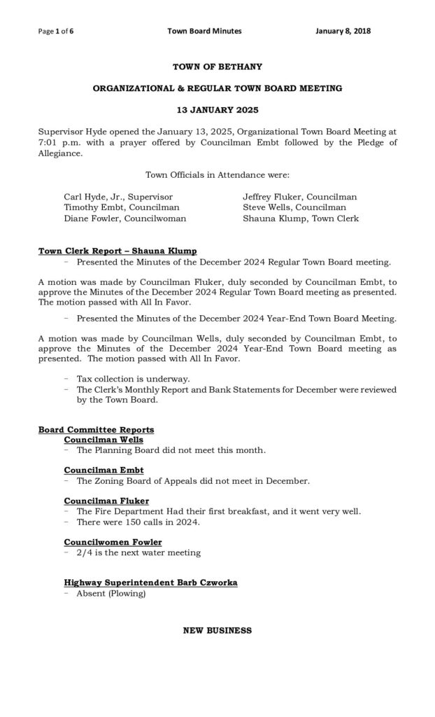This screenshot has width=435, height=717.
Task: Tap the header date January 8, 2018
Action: pyautogui.click(x=343, y=31)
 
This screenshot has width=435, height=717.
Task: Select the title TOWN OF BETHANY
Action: pyautogui.click(x=217, y=67)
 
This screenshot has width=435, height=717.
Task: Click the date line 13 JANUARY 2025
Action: pyautogui.click(x=217, y=111)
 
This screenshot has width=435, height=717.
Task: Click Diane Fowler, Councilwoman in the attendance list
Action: pyautogui.click(x=125, y=218)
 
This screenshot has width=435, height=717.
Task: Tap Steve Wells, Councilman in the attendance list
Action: pyautogui.click(x=294, y=208)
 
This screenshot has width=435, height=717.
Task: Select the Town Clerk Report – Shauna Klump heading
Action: pyautogui.click(x=117, y=251)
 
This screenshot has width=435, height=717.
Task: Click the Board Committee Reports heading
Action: pyautogui.click(x=97, y=429)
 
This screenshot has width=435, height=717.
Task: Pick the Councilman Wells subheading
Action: pyautogui.click(x=104, y=440)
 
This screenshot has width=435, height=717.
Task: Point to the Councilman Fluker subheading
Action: pyautogui.click(x=106, y=501)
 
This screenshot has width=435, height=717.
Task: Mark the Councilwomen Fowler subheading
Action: pyautogui.click(x=113, y=542)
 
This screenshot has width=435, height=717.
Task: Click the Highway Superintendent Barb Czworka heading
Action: pyautogui.click(x=150, y=583)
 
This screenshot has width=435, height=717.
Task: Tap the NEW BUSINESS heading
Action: pyautogui.click(x=217, y=631)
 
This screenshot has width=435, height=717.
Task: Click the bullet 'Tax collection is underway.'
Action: pyautogui.click(x=133, y=379)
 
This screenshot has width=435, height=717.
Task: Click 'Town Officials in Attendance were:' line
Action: pyautogui.click(x=217, y=174)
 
